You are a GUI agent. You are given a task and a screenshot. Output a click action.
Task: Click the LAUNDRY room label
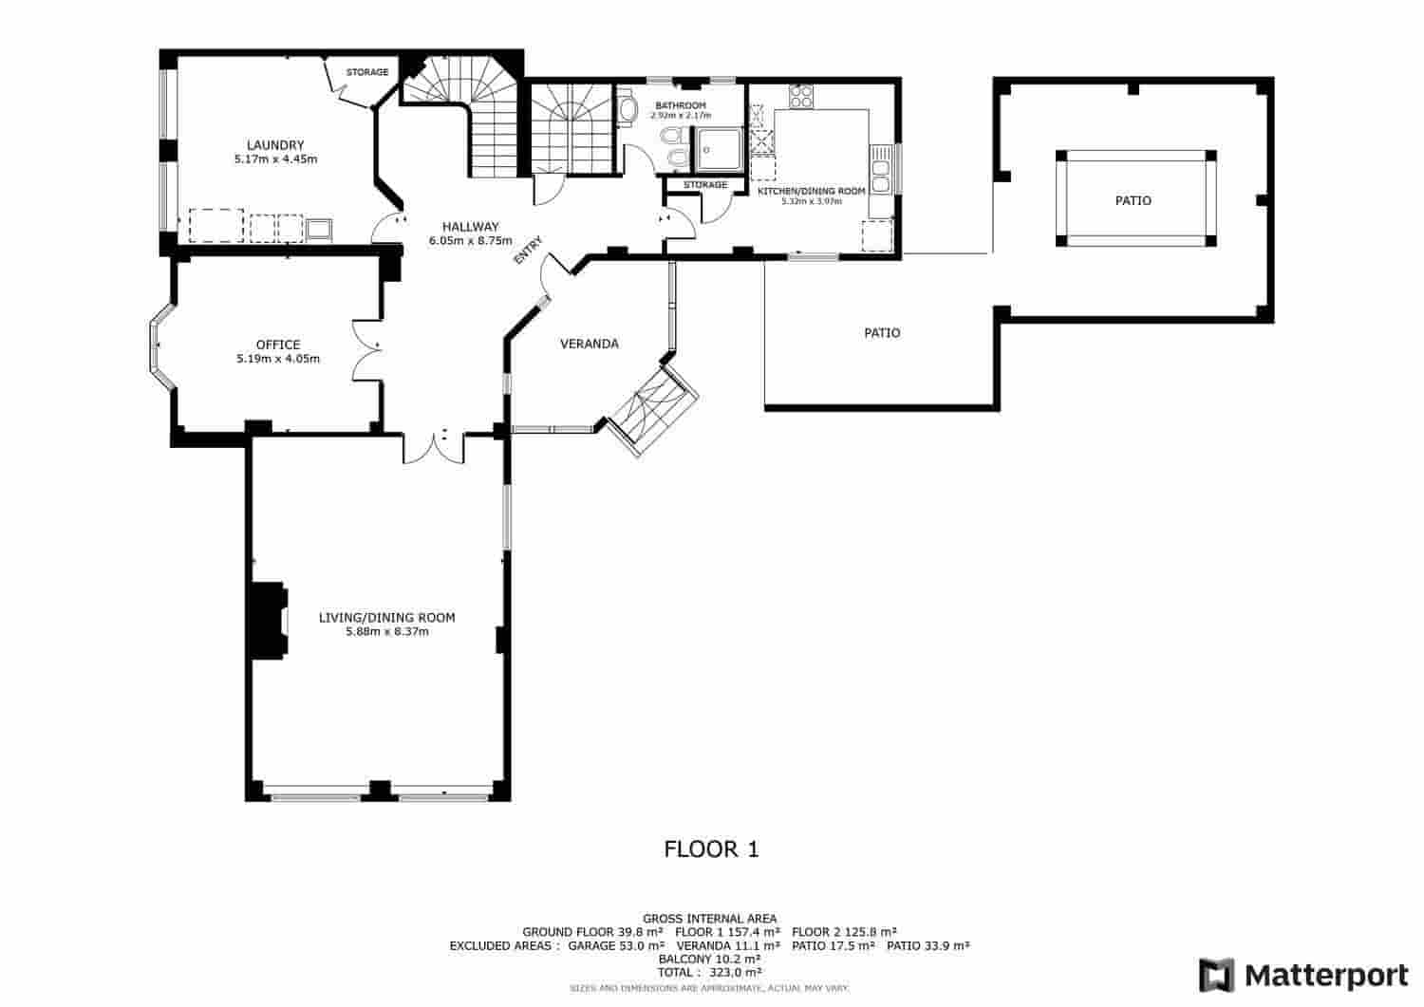[275, 145]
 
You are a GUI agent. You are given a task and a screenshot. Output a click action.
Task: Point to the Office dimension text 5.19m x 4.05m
[278, 360]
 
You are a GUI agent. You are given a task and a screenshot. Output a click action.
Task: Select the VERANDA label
[590, 344]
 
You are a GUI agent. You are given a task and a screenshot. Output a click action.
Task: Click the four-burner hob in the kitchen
[801, 96]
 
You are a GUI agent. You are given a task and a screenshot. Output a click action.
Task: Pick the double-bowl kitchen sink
[880, 168]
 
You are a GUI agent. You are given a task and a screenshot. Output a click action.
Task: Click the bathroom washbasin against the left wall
[628, 110]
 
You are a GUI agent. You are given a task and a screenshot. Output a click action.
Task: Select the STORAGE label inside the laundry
[366, 72]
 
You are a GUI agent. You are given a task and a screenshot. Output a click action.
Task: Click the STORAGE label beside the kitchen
[705, 185]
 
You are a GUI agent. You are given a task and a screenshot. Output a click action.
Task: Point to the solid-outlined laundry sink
[319, 229]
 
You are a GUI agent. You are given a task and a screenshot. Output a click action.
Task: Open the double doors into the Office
[366, 348]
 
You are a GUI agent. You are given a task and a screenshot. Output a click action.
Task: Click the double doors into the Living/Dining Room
[433, 447]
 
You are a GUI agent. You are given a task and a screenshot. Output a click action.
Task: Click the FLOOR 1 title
[711, 849]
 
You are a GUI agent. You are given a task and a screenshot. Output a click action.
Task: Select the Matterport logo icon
[1216, 976]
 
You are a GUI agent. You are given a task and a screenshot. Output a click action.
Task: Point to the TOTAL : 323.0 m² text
[710, 973]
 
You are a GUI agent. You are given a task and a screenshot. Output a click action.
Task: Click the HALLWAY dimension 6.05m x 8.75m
[470, 241]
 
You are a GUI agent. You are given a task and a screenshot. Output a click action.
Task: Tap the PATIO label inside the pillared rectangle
[1134, 201]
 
